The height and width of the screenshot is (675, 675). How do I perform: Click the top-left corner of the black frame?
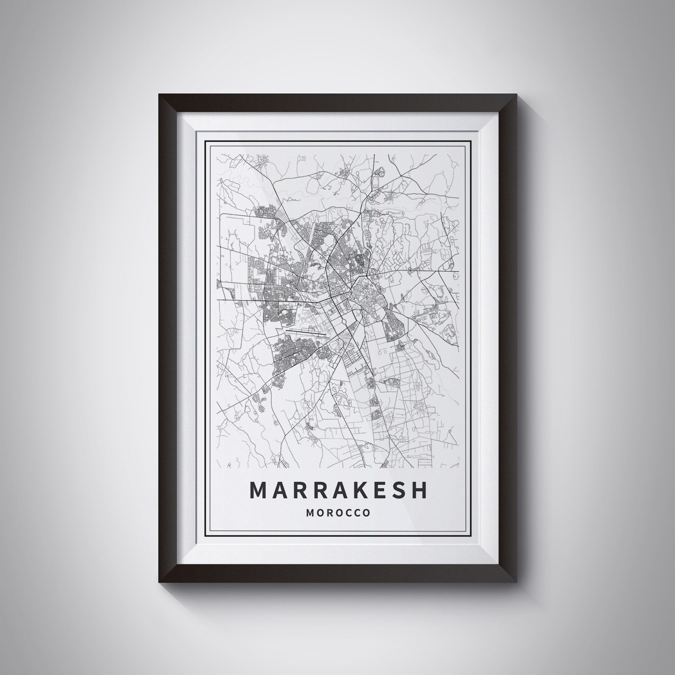(159, 94)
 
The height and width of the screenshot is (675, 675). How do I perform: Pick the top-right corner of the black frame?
(516, 94)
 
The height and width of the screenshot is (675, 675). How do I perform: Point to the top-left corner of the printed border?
(205, 140)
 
